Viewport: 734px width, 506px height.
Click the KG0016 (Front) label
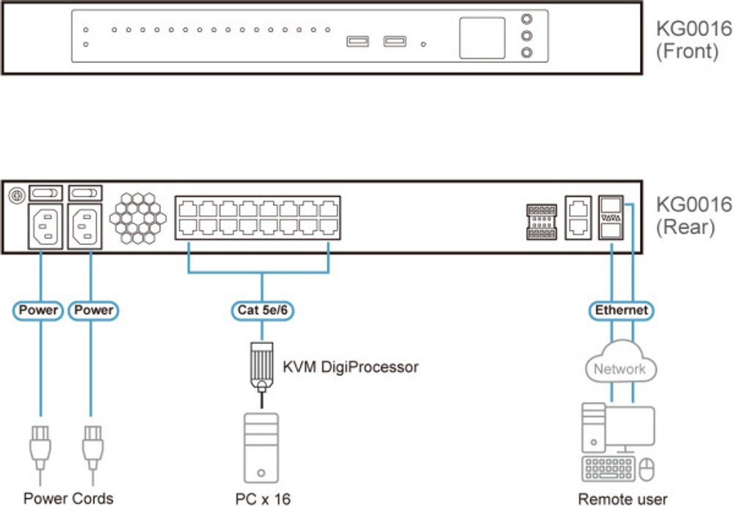[x=694, y=40]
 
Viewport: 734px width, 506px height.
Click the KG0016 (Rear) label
[x=694, y=214]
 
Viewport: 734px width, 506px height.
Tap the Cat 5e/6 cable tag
[x=262, y=310]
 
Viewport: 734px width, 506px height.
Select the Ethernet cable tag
[x=621, y=310]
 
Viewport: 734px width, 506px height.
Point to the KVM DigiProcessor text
[x=350, y=367]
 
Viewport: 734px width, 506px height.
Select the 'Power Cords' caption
[x=68, y=499]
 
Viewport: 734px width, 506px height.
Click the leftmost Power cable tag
[x=39, y=310]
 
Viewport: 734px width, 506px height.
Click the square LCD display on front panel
[x=482, y=38]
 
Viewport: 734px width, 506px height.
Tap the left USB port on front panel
[x=357, y=42]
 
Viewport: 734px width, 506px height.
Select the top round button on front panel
[x=526, y=21]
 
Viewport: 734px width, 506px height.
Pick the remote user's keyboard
[x=608, y=468]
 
